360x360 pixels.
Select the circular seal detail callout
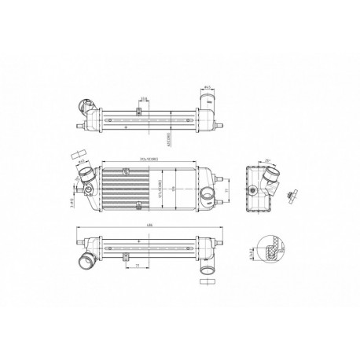coord(272,250)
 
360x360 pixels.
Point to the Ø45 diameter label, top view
coord(205,87)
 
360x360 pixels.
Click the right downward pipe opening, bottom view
coord(207,273)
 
